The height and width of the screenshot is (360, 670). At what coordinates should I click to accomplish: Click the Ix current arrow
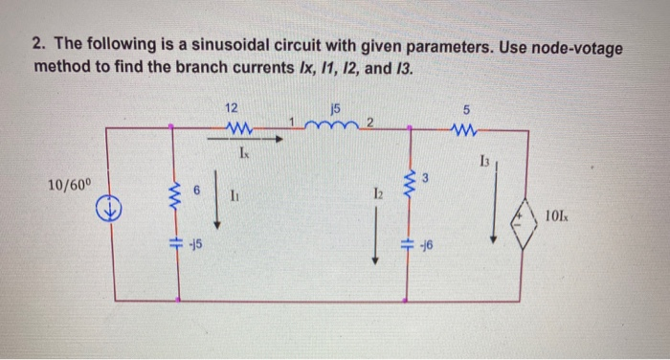(x=251, y=139)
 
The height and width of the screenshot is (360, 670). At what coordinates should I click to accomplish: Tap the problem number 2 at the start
(x=39, y=48)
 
